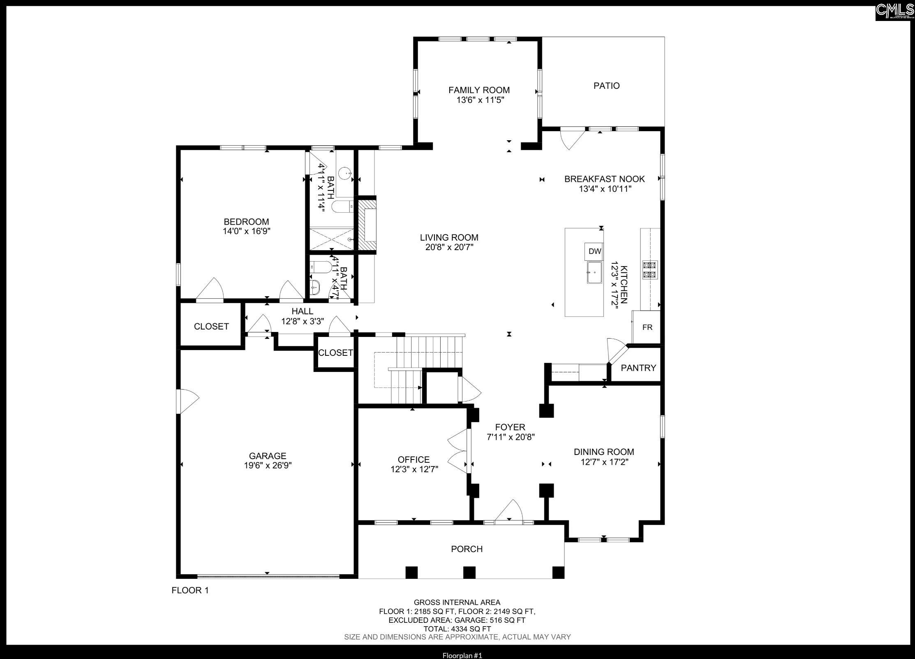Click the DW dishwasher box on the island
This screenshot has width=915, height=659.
click(595, 251)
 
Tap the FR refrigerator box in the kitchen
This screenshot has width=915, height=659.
click(647, 327)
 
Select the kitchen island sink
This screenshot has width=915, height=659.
click(594, 272)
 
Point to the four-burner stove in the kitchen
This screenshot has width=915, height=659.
click(650, 270)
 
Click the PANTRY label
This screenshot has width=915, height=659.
click(638, 368)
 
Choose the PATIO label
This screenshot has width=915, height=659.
click(606, 86)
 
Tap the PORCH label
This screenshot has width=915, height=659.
click(467, 549)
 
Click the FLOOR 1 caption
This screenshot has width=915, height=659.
click(190, 590)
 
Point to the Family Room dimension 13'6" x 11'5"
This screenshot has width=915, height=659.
click(480, 100)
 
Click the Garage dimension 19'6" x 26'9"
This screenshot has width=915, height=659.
click(268, 466)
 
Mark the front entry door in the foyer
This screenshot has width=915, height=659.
click(508, 512)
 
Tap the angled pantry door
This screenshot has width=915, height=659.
click(617, 350)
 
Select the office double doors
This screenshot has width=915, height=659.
click(458, 451)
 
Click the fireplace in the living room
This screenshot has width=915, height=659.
click(367, 225)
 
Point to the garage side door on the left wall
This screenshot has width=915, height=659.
click(187, 401)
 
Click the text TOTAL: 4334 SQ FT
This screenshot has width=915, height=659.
click(457, 629)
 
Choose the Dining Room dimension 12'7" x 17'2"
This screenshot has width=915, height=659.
click(604, 462)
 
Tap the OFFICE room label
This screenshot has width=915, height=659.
click(414, 459)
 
